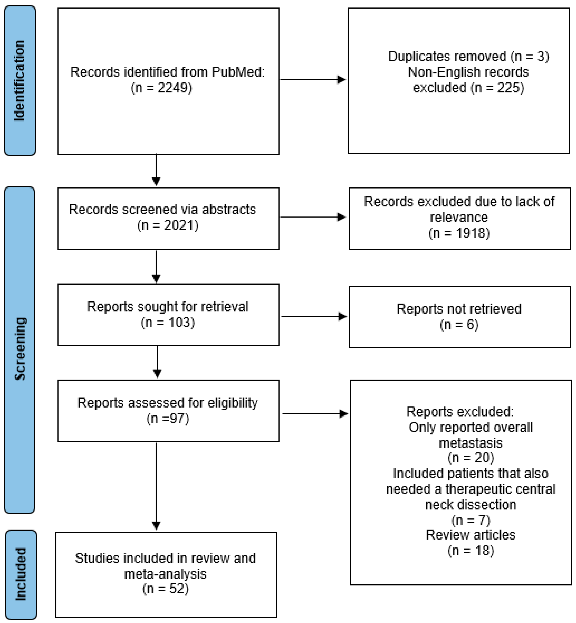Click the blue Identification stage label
pos(20,80)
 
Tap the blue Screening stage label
pos(20,349)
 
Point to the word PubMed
pos(238,72)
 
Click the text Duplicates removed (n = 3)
pos(468,56)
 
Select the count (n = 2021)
pos(168,225)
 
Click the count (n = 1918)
pos(459,233)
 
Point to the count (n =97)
pos(168,418)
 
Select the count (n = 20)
pos(471,458)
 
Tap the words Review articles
pos(471,535)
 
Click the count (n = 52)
pos(166,589)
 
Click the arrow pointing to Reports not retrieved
pos(313,317)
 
